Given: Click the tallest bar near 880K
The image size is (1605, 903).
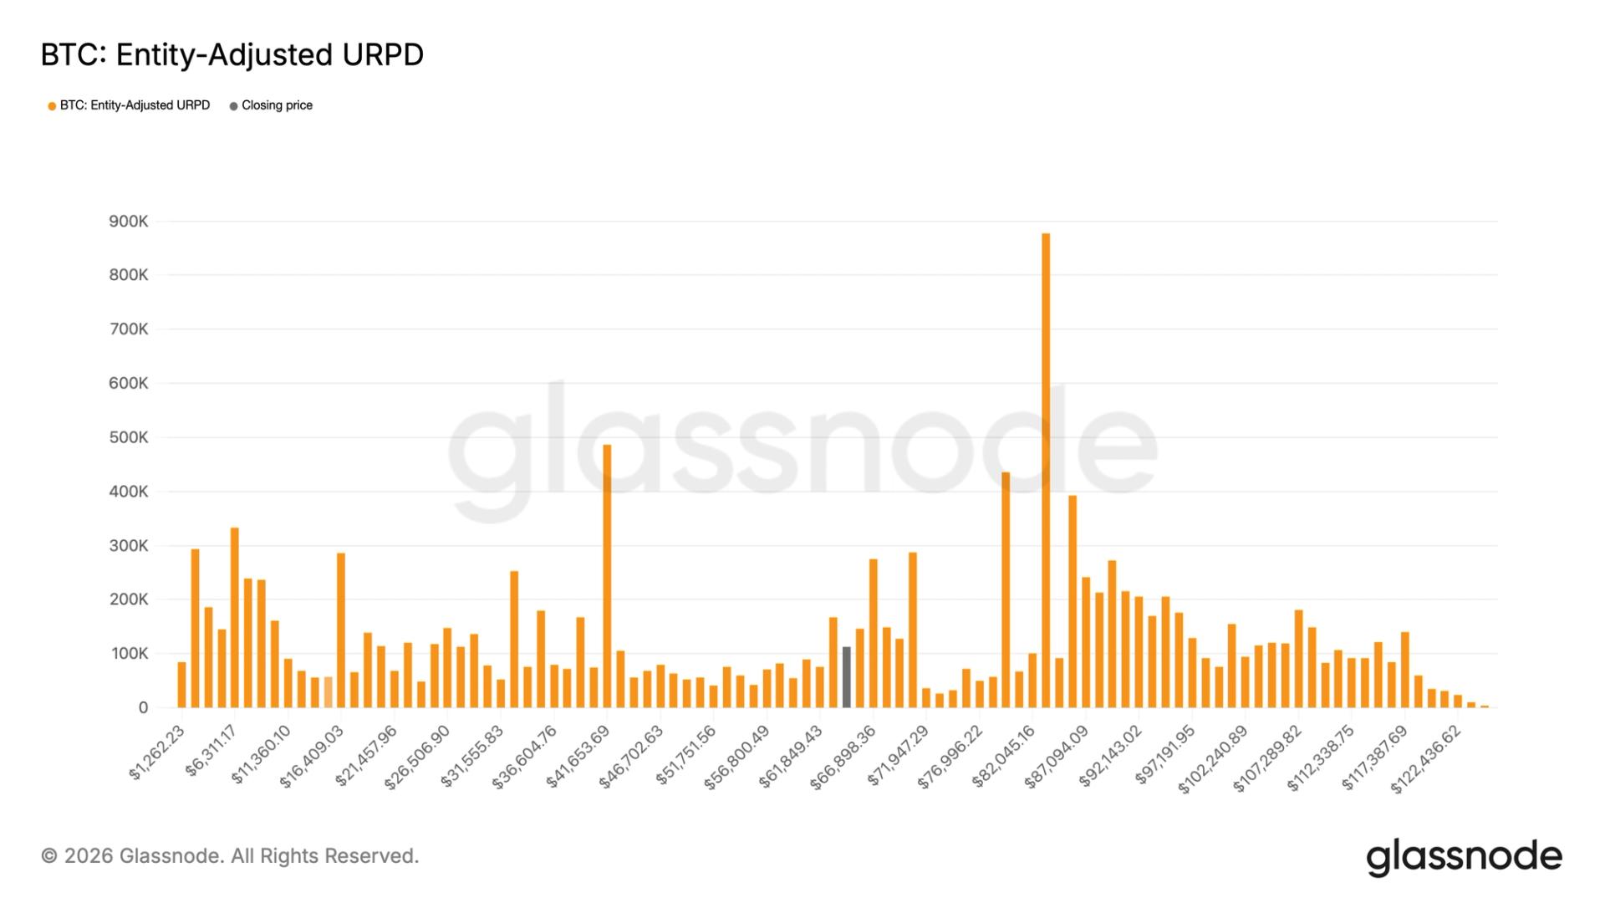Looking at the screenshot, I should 1046,468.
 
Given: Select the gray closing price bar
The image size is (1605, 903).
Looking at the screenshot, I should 846,677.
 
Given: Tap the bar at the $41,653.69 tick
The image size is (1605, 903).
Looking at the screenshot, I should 607,577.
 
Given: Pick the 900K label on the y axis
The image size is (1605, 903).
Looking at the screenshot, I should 128,222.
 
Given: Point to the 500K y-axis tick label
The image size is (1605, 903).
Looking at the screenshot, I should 128,437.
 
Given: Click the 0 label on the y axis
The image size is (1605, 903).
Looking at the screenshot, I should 143,708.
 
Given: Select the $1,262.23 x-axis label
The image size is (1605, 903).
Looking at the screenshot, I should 156,752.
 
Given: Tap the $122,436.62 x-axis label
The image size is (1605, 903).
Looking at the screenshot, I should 1425,759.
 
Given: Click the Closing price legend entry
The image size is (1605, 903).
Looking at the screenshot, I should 276,105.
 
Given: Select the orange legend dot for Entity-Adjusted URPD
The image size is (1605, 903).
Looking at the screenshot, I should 52,106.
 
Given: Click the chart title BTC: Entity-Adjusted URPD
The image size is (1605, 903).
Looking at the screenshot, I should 232,55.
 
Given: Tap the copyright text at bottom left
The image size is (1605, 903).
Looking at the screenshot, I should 230,856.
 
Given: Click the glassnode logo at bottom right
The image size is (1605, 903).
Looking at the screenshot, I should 1464,857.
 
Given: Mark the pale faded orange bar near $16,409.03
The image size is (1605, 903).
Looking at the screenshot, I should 328,692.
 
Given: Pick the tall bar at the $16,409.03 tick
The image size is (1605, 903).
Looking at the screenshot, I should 341,631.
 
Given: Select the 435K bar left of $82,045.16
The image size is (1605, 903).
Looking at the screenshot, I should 1006,590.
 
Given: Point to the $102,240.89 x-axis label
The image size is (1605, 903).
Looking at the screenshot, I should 1212,759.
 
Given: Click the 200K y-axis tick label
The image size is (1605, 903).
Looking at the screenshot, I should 128,599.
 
